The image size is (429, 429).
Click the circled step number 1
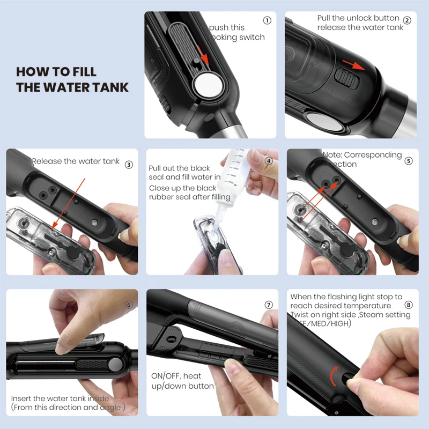point(267,20)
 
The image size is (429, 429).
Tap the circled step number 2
point(407,20)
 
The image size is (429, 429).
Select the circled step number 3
point(129,165)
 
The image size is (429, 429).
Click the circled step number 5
point(409,160)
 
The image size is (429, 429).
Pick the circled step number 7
point(269,305)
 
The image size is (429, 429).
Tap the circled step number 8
point(409,305)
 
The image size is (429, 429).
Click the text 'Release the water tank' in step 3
point(76,161)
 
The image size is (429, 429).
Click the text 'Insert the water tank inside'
point(60,398)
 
